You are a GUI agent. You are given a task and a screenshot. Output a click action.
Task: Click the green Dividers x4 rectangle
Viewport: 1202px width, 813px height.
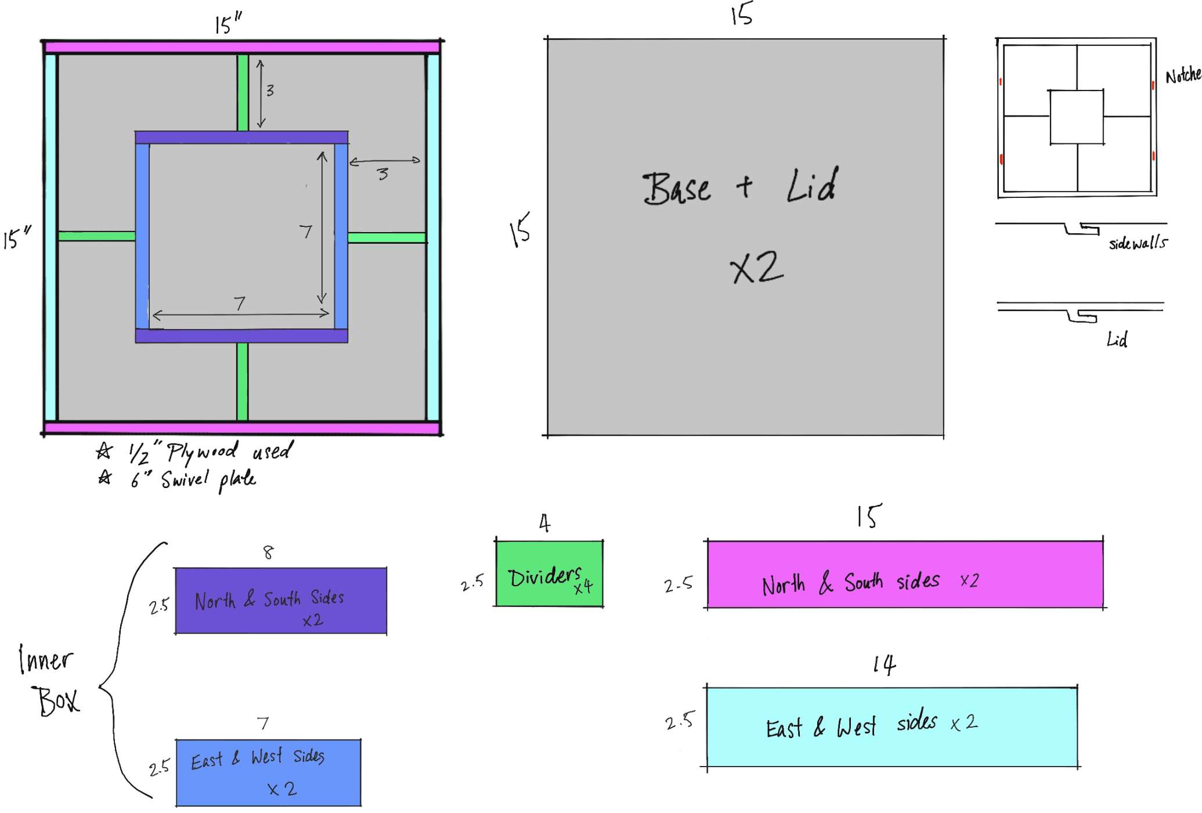(x=549, y=573)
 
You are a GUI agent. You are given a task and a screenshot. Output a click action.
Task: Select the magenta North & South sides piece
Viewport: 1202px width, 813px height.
(x=905, y=574)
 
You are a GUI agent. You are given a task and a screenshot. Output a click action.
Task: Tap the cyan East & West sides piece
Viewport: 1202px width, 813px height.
(x=891, y=727)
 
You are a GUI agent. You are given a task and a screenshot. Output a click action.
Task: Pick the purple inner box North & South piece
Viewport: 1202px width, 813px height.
(x=281, y=601)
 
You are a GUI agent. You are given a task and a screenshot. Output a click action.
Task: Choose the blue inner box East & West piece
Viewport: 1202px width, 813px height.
(x=268, y=772)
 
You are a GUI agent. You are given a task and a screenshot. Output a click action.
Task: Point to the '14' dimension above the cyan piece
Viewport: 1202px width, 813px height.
(x=884, y=665)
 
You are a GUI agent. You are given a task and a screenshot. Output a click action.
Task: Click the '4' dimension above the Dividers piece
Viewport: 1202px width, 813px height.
(x=544, y=523)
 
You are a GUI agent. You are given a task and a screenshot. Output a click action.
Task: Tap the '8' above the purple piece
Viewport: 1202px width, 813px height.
(x=268, y=552)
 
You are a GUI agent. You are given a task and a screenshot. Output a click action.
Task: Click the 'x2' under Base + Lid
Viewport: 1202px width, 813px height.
(x=757, y=268)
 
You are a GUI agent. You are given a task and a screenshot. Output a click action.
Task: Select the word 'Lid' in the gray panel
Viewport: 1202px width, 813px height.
(x=812, y=186)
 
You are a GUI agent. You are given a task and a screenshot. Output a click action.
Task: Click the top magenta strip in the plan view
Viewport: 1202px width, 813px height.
(x=242, y=47)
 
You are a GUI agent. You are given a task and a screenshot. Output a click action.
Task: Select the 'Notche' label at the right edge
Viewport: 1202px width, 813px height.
(x=1183, y=75)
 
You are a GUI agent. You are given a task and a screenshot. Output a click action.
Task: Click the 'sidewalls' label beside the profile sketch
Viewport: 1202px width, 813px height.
(x=1138, y=244)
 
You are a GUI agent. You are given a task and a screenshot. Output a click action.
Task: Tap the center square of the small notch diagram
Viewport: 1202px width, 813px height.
(x=1077, y=117)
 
